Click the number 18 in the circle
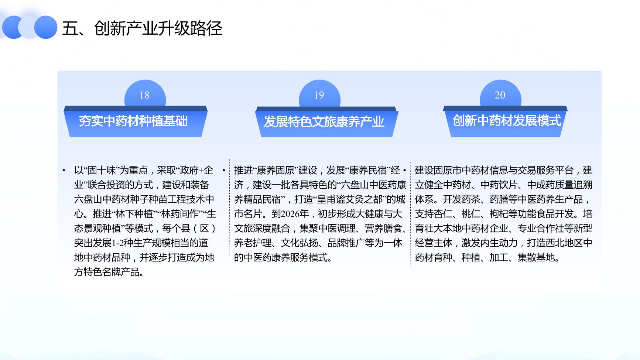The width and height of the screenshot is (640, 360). pyautogui.click(x=144, y=95)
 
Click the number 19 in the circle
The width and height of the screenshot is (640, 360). pyautogui.click(x=319, y=95)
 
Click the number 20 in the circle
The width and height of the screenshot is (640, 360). pyautogui.click(x=500, y=95)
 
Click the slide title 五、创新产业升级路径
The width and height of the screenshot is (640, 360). pyautogui.click(x=142, y=28)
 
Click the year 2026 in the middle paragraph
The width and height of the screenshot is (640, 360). pyautogui.click(x=290, y=214)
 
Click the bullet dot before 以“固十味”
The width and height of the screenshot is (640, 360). pyautogui.click(x=64, y=171)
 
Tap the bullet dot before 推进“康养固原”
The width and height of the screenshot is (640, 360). pyautogui.click(x=224, y=171)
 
